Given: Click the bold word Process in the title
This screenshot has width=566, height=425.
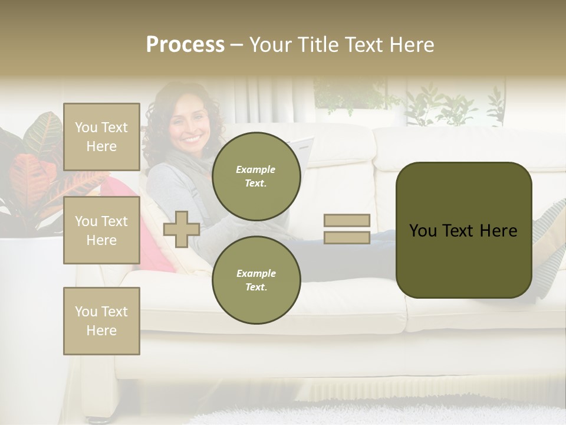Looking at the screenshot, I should [185, 45].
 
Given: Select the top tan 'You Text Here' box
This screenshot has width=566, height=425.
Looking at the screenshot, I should [101, 137].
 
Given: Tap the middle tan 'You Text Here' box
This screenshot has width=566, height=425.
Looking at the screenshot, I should [101, 230].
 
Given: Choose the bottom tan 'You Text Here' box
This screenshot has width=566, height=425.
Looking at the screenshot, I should [101, 321].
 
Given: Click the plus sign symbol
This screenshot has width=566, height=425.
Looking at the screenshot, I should [182, 229].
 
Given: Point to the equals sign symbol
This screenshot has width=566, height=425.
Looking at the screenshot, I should [347, 229].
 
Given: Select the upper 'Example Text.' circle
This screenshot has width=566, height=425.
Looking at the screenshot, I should [256, 176].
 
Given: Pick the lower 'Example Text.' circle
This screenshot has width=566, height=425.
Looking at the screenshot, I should [256, 280].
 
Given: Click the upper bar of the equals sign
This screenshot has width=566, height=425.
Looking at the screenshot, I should [347, 221].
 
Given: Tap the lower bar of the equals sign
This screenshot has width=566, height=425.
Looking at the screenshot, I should [347, 237].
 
